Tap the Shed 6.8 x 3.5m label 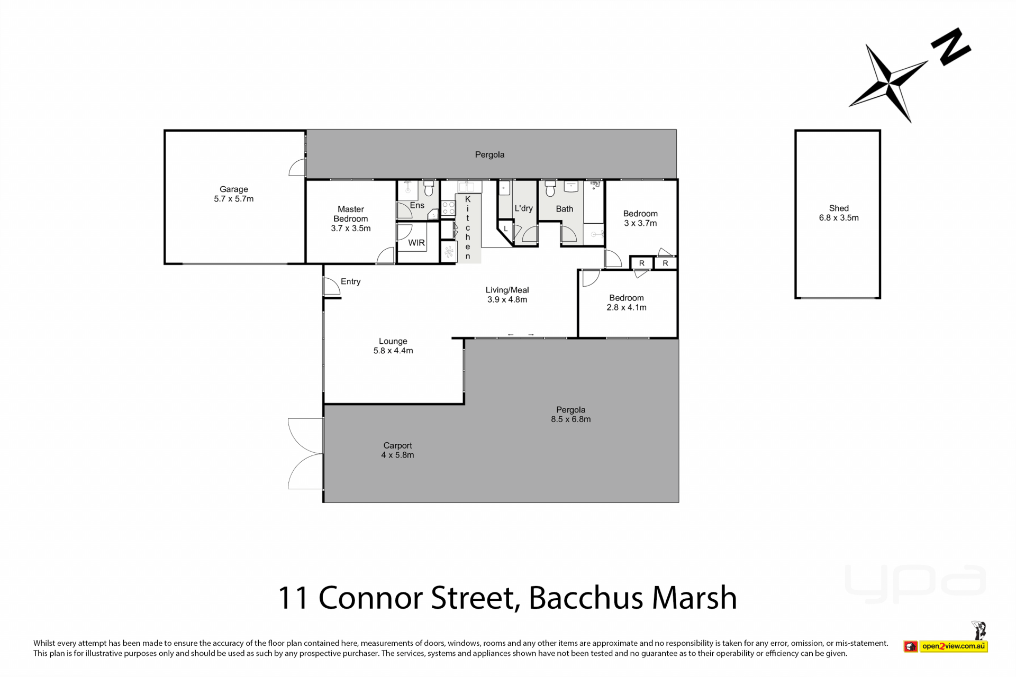tap(839, 213)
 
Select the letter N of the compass tap(950, 47)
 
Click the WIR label tap(416, 243)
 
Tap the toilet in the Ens tap(429, 188)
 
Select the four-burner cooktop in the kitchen tap(448, 208)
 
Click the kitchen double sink tap(469, 186)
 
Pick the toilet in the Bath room tap(550, 188)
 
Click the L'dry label tap(524, 208)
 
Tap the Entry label tap(351, 281)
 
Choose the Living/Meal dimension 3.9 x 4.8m tap(507, 299)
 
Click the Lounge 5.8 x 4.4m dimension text tap(393, 351)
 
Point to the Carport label tap(398, 445)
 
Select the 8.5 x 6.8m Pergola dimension tap(571, 419)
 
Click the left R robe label tap(642, 263)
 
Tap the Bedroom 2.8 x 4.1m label tap(627, 303)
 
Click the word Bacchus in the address tap(585, 598)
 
